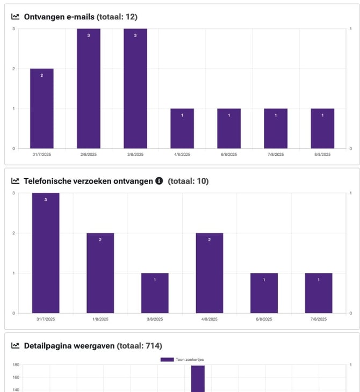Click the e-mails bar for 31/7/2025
42,108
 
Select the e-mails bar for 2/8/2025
89,89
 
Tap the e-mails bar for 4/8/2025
182,128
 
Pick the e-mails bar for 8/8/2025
322,128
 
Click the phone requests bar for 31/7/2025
46,253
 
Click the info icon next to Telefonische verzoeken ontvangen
159,182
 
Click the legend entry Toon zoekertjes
182,359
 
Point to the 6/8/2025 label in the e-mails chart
229,155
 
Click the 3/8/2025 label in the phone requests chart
155,319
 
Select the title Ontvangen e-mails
59,17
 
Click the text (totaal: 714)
139,346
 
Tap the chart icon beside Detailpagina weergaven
15,346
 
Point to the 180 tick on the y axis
15,365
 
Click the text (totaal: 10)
188,182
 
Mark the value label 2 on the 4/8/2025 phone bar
210,239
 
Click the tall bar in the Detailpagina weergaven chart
198,379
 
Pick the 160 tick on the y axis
15,378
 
